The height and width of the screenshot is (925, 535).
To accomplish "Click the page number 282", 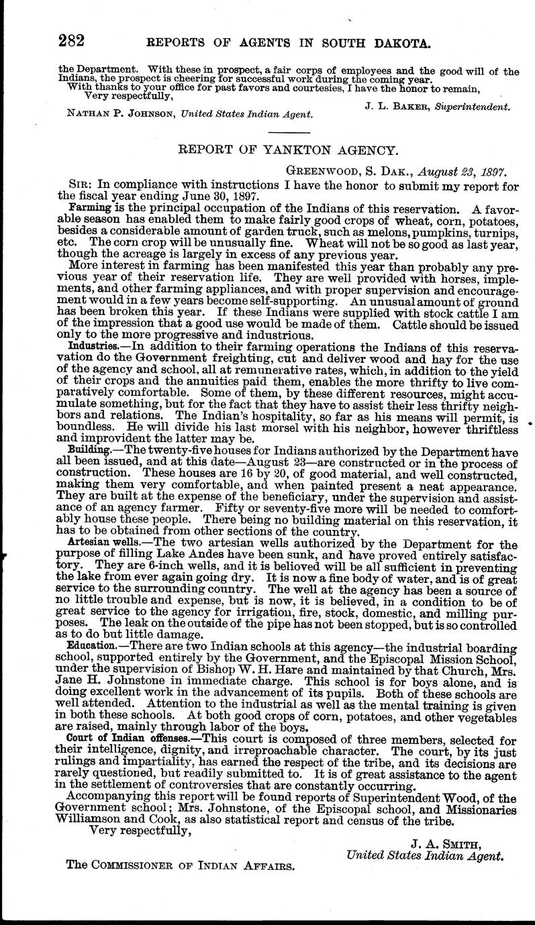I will [x=70, y=42].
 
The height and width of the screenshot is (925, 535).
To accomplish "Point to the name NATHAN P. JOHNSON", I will [x=119, y=114].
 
